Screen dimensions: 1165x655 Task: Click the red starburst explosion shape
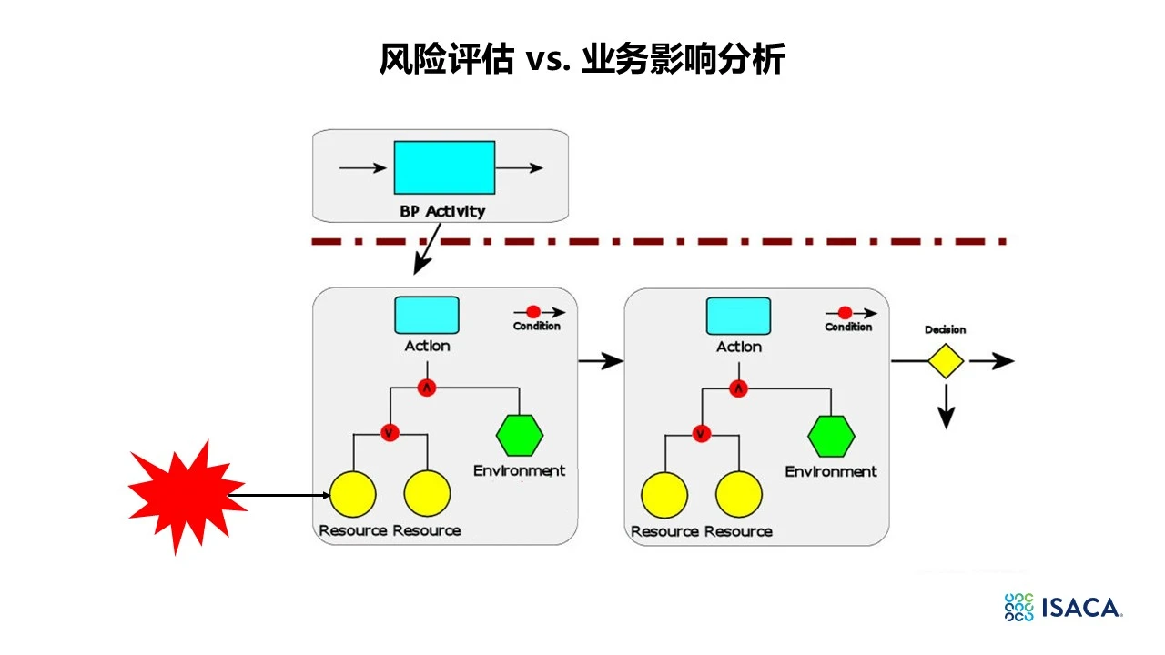pos(187,496)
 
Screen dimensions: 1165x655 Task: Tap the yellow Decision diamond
pos(946,361)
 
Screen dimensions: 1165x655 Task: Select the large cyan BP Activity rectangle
pos(444,167)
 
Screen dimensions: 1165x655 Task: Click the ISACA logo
pos(1064,607)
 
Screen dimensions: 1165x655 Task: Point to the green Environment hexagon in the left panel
pos(520,435)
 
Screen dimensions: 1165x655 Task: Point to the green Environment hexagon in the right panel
pos(831,436)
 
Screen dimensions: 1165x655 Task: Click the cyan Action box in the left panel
pos(427,315)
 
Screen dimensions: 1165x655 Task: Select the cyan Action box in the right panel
pos(738,316)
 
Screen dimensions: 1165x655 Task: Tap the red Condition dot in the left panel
pos(533,312)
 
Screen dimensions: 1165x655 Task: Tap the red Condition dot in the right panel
pos(846,313)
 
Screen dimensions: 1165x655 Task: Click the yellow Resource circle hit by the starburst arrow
pos(353,494)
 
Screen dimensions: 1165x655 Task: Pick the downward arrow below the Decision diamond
pos(946,407)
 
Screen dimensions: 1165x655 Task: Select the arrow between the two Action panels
pos(601,361)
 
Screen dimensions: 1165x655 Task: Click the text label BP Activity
pos(442,211)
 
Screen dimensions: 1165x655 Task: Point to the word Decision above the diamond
pos(945,329)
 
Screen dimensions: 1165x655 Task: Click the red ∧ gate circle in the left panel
pos(427,388)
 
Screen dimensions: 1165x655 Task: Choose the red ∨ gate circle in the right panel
pos(701,434)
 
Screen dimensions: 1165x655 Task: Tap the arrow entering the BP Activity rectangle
pos(363,168)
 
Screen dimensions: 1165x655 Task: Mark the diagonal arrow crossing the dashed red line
pos(427,249)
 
